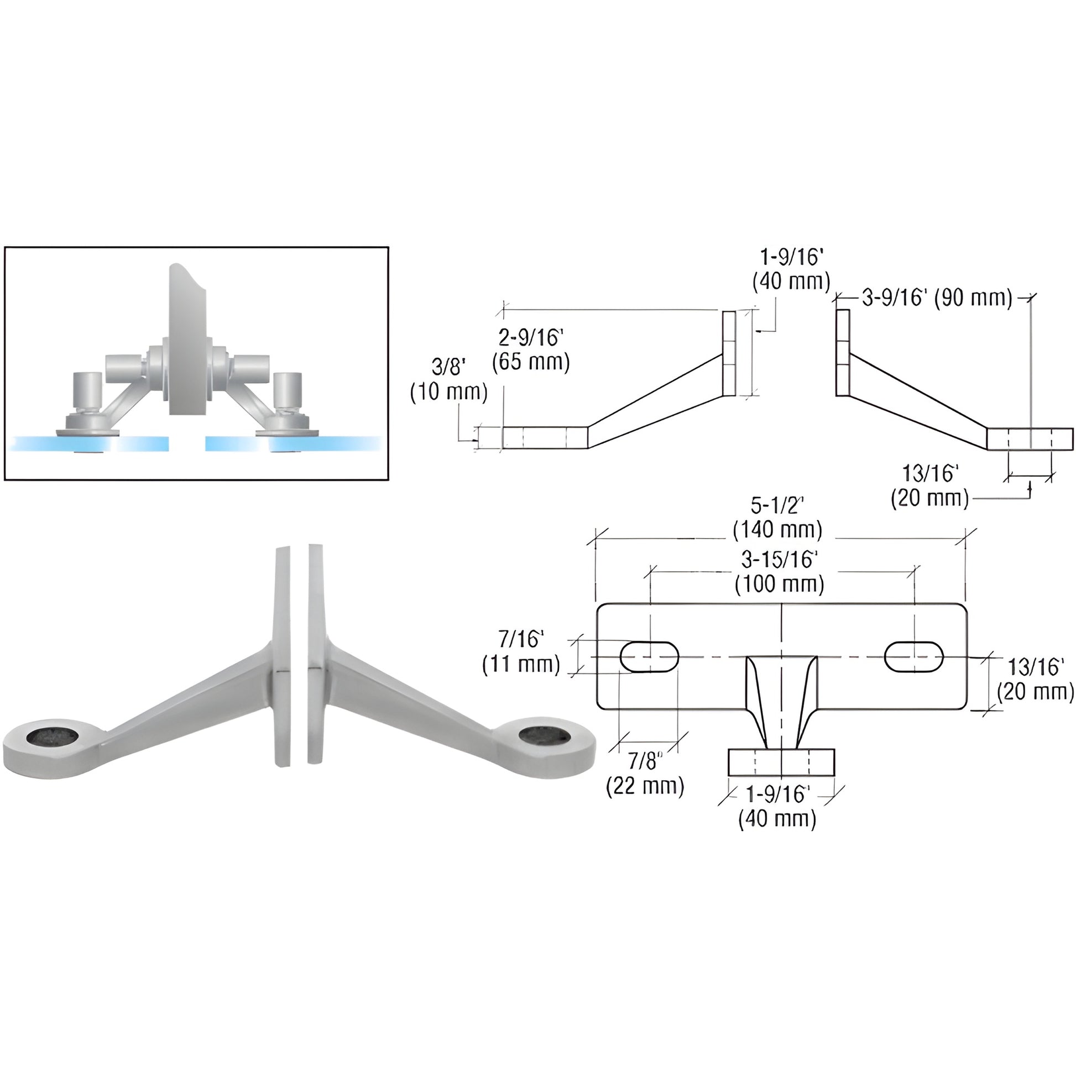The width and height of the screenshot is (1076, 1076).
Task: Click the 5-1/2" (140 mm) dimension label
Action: click(x=777, y=518)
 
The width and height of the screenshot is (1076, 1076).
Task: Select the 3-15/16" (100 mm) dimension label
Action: click(x=779, y=572)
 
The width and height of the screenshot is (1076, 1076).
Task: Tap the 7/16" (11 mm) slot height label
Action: click(x=521, y=651)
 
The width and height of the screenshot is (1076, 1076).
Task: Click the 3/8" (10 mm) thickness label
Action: click(x=448, y=379)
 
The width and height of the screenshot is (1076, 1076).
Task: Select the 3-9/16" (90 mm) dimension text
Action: click(x=937, y=299)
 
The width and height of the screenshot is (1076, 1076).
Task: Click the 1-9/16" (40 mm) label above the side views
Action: click(x=791, y=270)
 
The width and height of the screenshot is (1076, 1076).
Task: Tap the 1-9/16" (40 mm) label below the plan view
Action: click(x=777, y=806)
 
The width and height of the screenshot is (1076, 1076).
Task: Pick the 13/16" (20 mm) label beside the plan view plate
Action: click(x=1035, y=679)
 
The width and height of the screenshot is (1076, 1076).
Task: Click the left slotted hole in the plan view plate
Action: click(x=649, y=657)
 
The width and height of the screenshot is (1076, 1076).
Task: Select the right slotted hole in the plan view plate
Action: click(x=914, y=657)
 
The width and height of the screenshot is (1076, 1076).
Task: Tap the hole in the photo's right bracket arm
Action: click(x=544, y=735)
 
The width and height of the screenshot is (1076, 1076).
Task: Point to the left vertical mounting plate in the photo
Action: click(x=282, y=657)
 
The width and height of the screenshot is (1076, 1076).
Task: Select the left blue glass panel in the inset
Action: click(x=89, y=444)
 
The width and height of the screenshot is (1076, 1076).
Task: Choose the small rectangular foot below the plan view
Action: click(x=781, y=762)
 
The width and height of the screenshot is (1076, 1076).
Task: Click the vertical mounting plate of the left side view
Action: click(x=729, y=353)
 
